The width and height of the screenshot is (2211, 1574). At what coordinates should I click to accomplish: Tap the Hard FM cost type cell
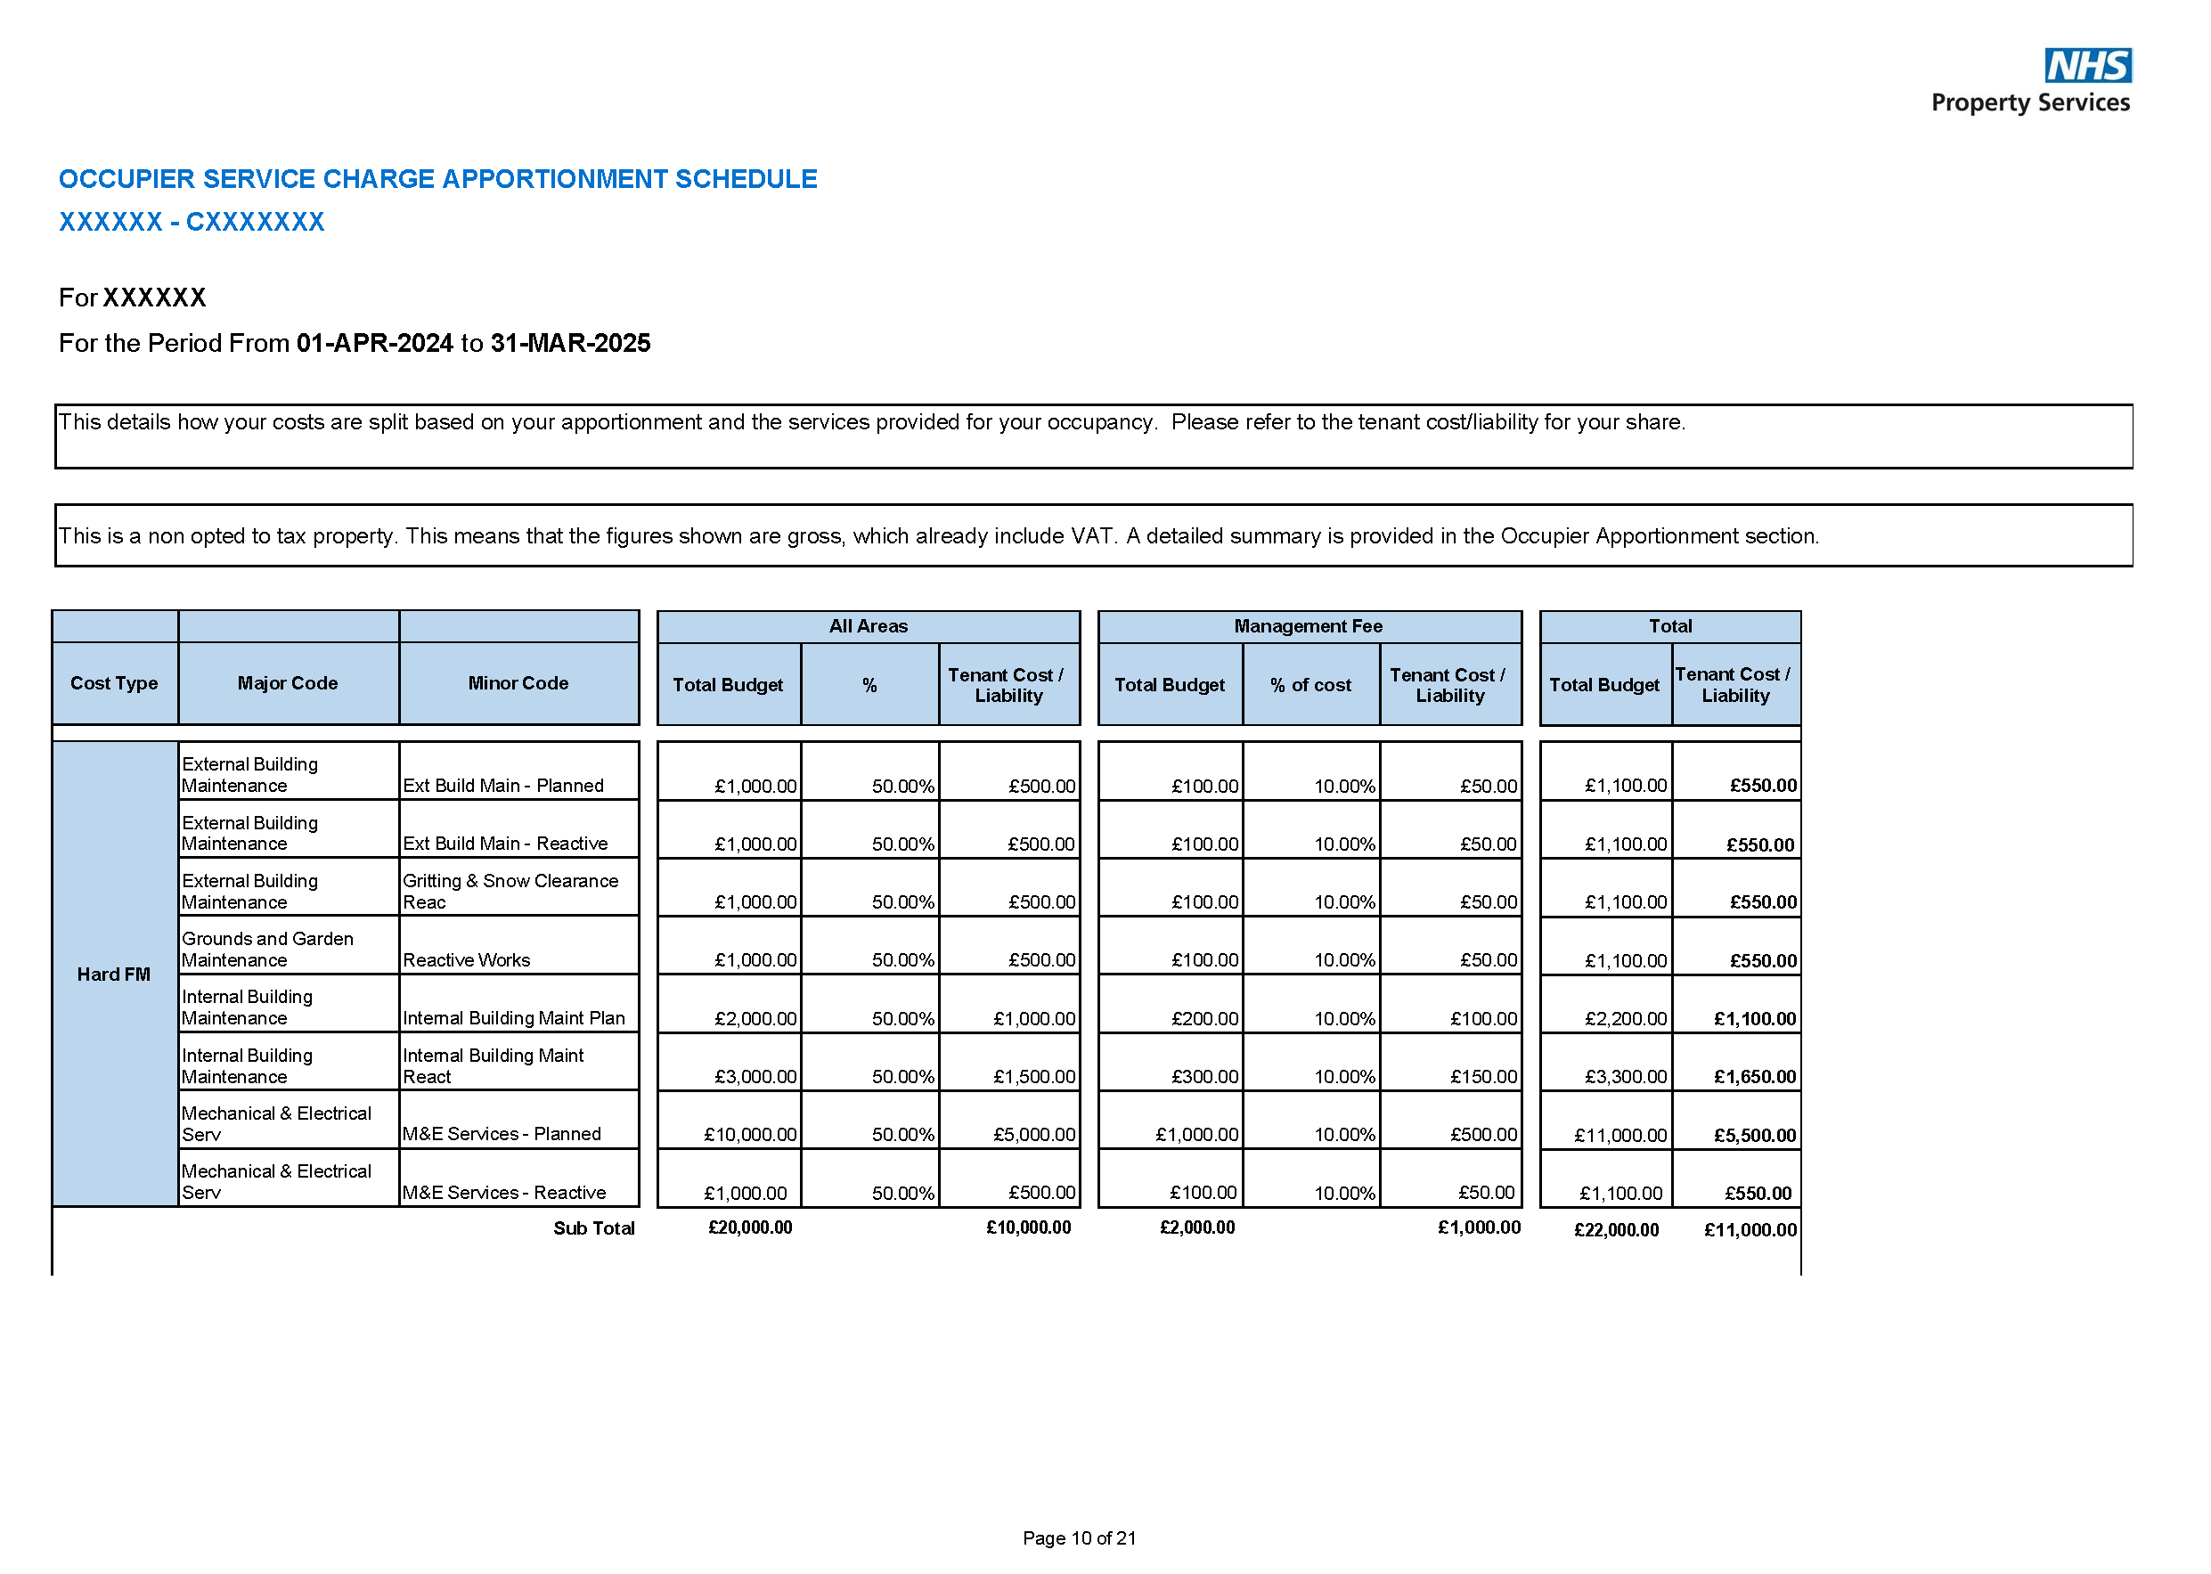113,974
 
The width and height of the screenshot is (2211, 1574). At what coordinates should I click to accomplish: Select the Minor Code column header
518,683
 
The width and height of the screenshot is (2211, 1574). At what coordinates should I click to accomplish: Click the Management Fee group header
1308,626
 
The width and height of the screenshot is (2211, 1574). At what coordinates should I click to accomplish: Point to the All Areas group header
868,626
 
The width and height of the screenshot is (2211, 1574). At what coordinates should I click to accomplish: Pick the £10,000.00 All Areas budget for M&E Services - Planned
749,1134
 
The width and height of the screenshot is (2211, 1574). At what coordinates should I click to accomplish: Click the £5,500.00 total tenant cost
1753,1135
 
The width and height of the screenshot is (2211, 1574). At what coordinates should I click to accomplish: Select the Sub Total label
593,1228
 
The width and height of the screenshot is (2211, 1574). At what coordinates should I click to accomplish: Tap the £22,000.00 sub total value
1615,1230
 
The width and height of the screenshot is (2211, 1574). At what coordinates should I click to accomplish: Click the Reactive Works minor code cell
466,959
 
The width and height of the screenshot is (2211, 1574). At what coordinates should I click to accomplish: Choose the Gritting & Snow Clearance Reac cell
510,891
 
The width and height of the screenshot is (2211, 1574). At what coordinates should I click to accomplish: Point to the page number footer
1079,1538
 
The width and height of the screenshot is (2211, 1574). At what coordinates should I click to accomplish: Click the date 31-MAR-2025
570,343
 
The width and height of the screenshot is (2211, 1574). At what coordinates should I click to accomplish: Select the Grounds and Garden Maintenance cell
267,949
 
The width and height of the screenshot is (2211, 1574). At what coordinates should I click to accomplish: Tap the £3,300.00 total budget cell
1625,1077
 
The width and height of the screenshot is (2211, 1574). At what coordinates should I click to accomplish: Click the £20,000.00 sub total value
749,1228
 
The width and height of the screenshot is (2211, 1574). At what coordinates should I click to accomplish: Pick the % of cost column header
1309,685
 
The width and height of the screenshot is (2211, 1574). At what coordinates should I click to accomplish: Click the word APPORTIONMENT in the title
507,179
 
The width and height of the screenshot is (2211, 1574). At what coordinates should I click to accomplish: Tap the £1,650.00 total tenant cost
1753,1077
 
